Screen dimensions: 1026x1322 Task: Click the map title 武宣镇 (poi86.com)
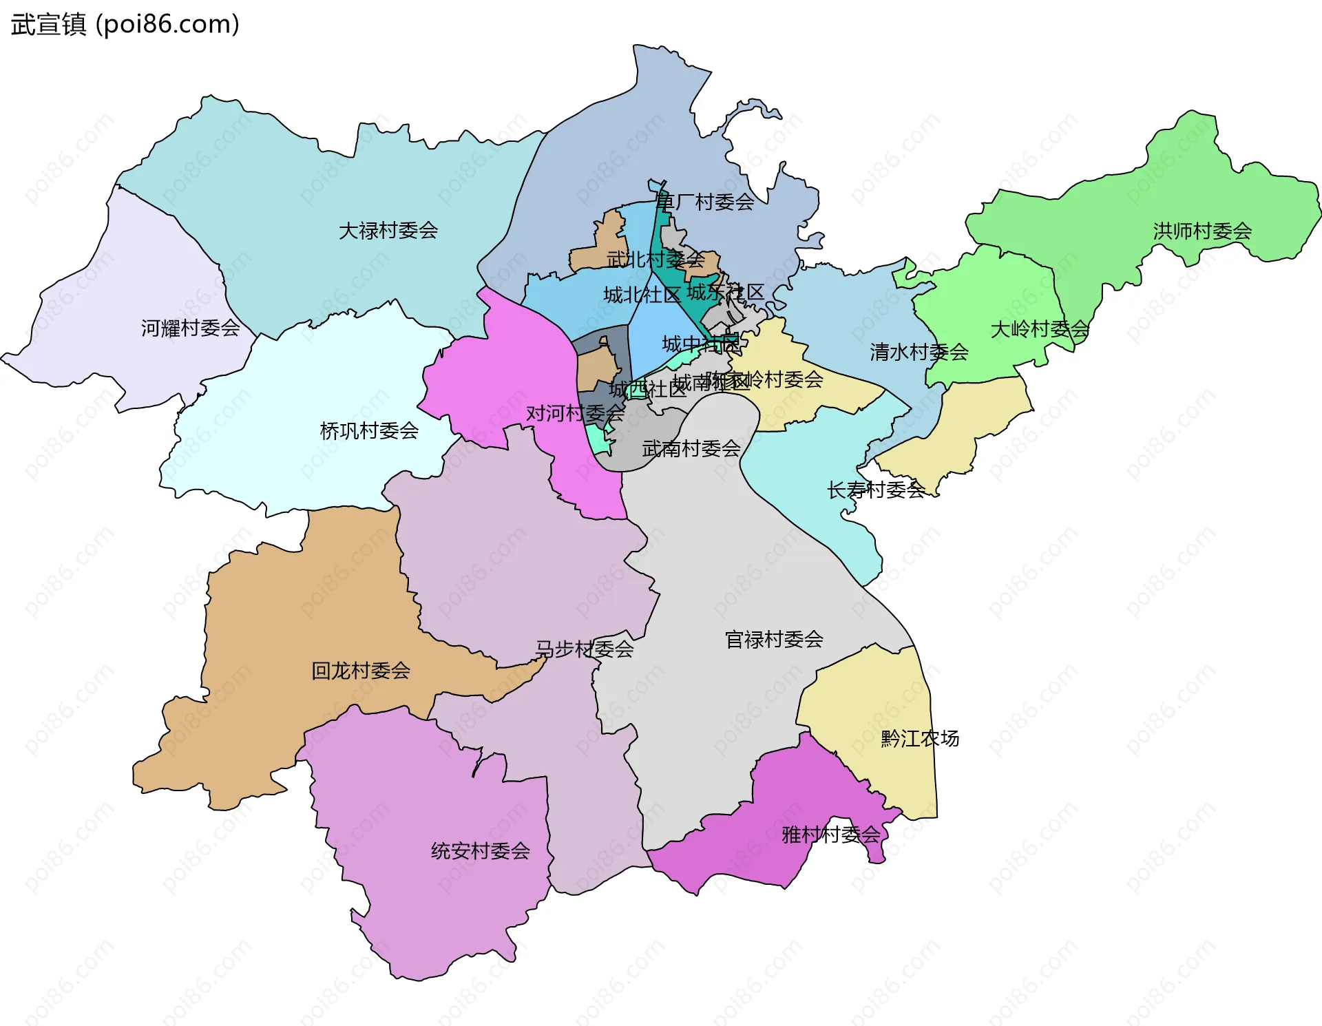[x=125, y=24]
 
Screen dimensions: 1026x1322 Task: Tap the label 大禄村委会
[x=388, y=231]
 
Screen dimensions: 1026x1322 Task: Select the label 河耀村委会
[x=190, y=328]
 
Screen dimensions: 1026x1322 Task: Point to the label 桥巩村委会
[x=369, y=431]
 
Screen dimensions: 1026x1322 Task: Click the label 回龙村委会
[x=361, y=671]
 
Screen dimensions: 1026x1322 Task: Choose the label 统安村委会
[x=480, y=851]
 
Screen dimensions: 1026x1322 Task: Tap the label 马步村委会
[x=584, y=649]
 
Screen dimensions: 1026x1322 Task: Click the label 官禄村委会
[x=774, y=640]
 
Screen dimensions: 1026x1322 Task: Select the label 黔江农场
[x=920, y=739]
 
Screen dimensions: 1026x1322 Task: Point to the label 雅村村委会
[x=831, y=835]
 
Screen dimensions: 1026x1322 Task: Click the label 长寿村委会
[x=876, y=490]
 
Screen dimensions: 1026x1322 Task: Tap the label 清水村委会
[x=919, y=353]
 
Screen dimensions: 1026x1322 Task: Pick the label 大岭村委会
[x=1040, y=329]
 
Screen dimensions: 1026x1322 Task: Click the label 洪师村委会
[x=1202, y=231]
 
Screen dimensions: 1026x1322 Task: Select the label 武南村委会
[x=691, y=449]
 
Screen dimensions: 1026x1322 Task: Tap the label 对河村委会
[x=575, y=413]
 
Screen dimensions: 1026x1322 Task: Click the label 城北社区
[x=642, y=295]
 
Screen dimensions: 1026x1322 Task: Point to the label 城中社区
[x=701, y=344]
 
